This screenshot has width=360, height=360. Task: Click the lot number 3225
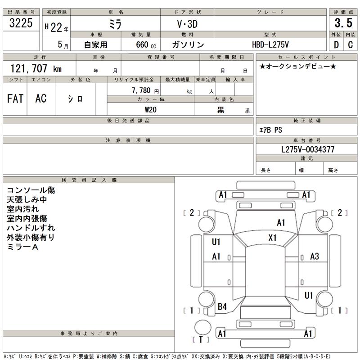(21, 24)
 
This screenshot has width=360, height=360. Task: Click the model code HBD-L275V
(270, 45)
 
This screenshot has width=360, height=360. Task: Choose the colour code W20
(150, 109)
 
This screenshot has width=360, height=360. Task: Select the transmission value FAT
(15, 99)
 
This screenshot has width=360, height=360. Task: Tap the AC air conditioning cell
(41, 99)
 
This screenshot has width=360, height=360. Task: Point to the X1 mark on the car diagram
(272, 238)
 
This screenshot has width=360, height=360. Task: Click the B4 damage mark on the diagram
(222, 307)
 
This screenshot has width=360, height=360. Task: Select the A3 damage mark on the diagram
(315, 256)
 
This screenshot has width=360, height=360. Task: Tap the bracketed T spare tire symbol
(201, 339)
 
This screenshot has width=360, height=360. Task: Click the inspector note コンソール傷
(31, 190)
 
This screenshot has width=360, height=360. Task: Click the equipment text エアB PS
(271, 130)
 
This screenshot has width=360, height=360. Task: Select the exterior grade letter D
(336, 45)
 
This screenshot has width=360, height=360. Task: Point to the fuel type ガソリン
(188, 45)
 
